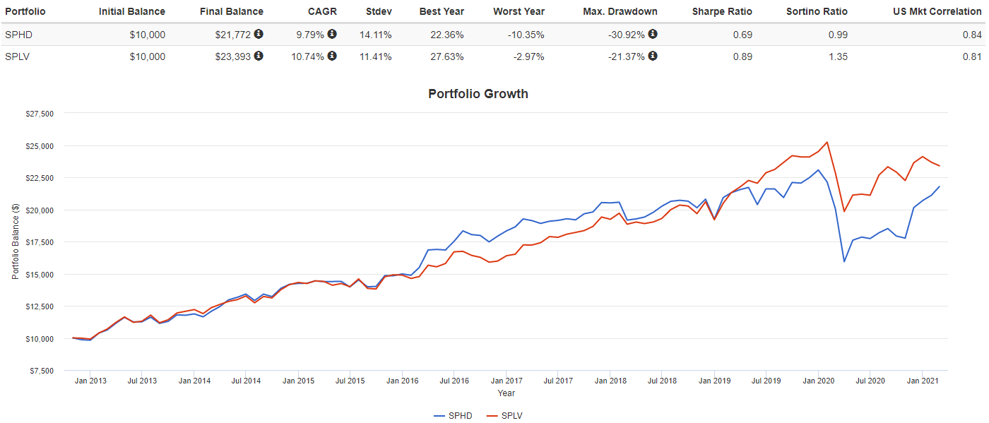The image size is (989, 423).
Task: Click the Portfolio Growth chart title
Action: coord(478,94)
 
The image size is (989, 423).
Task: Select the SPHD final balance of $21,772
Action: coord(233,35)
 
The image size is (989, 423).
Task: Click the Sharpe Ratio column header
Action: coord(722,11)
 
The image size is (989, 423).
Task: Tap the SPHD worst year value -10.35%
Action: coord(524,35)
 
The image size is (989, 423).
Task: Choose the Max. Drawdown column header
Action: coord(620,11)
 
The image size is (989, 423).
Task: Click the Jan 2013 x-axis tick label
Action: coord(90,381)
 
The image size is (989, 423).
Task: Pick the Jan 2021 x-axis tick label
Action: coord(922,381)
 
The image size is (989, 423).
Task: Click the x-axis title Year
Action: coord(506,393)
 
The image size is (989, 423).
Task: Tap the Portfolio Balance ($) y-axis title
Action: coord(16,242)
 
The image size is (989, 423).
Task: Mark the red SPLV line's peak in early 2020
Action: coord(827,142)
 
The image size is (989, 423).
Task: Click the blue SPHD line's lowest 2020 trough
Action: coord(844,261)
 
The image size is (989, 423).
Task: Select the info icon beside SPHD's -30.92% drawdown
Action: coord(652,34)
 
